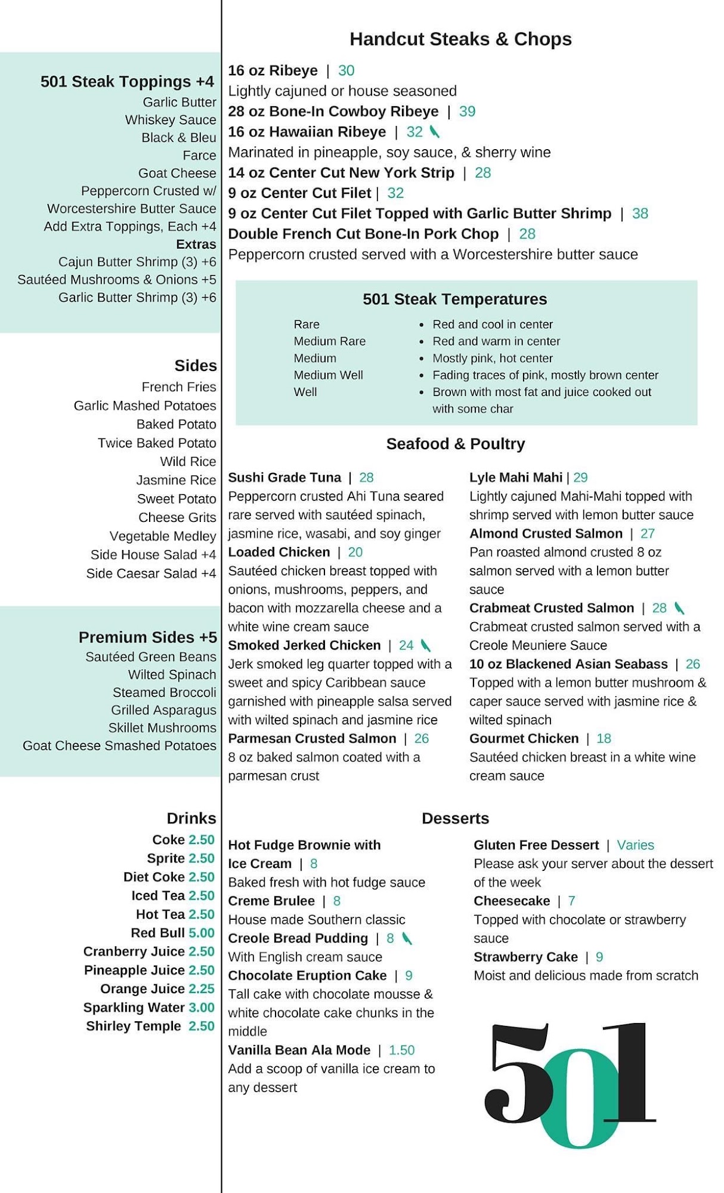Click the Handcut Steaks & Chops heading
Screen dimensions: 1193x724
[460, 39]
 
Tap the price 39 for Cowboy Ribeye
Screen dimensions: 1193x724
[467, 112]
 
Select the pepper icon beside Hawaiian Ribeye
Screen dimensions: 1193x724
[435, 132]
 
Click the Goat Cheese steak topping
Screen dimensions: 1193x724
[177, 174]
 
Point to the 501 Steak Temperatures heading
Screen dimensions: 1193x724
[454, 299]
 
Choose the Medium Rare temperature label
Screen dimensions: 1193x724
[329, 341]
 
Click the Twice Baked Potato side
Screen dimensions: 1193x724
[157, 443]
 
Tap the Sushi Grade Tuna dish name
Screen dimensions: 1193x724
[284, 478]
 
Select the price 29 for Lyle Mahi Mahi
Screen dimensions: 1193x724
[580, 478]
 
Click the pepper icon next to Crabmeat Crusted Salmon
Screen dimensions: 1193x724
[679, 608]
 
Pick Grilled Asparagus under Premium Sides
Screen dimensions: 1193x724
[163, 710]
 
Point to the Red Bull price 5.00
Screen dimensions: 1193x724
[202, 933]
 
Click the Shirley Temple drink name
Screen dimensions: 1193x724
[134, 1026]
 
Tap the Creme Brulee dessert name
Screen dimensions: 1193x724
[271, 901]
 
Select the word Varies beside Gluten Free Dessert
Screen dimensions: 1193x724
[635, 845]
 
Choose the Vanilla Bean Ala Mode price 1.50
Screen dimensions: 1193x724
[401, 1050]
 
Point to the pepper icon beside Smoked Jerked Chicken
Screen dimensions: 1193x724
[425, 645]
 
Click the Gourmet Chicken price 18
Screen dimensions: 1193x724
[604, 739]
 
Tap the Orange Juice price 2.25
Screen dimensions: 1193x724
[202, 989]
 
